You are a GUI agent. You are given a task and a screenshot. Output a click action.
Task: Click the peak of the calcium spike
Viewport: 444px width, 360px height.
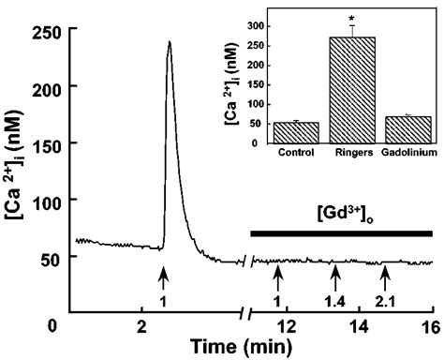point(169,42)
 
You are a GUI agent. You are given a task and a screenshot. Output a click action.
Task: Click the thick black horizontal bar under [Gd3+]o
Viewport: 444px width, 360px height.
point(341,231)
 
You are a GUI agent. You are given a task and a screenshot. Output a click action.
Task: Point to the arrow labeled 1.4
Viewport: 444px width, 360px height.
point(335,277)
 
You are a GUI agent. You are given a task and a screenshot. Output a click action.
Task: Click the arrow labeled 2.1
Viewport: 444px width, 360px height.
point(384,277)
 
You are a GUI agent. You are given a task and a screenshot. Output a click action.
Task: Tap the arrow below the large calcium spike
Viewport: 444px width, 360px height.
point(164,277)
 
